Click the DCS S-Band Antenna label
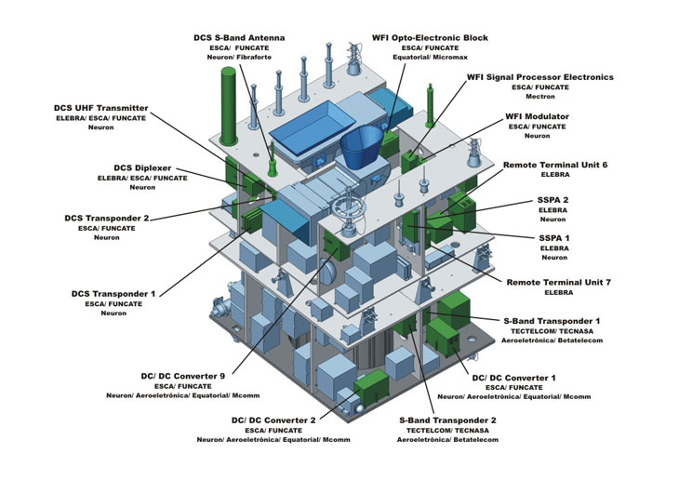tap(239, 36)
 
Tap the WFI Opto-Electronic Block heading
tap(430, 37)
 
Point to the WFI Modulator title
tap(537, 116)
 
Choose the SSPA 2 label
tap(553, 200)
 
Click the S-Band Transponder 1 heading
tap(553, 320)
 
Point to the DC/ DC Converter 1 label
tap(514, 377)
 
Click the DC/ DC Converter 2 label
tap(274, 420)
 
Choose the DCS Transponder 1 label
tap(113, 293)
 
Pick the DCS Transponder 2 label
tap(107, 218)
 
